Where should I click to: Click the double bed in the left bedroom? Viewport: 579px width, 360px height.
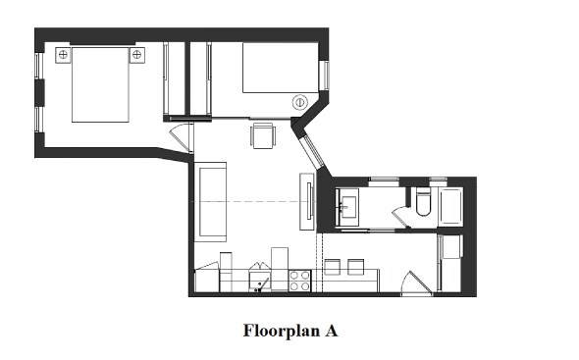(x=100, y=85)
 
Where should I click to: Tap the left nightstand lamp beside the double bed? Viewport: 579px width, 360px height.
(x=63, y=55)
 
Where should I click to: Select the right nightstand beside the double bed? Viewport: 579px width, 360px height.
(x=136, y=55)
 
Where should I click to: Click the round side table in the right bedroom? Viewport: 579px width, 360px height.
(x=299, y=102)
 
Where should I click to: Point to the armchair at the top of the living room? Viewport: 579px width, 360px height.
(x=262, y=134)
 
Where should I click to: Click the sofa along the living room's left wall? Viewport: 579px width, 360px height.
(x=212, y=202)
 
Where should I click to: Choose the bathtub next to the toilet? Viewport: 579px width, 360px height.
(x=454, y=206)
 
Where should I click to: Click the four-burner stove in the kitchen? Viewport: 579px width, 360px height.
(x=300, y=282)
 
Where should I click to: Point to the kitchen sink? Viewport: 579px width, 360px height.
(x=259, y=283)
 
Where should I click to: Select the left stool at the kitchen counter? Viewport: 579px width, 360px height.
(x=332, y=266)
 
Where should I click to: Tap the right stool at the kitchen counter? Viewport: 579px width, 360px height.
(x=355, y=266)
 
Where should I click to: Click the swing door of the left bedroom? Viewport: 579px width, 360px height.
(x=182, y=138)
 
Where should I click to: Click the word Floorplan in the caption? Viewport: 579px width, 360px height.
(x=277, y=331)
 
